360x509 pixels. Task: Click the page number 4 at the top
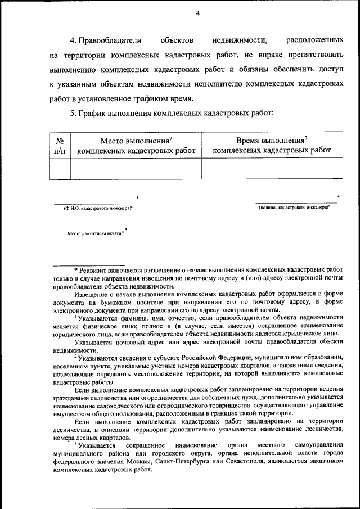click(198, 13)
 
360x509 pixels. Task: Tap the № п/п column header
click(60, 146)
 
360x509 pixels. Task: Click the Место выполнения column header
click(136, 146)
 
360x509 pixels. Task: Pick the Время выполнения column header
click(272, 146)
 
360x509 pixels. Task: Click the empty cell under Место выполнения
click(136, 168)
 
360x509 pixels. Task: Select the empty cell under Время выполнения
click(272, 168)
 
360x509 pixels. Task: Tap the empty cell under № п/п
click(60, 168)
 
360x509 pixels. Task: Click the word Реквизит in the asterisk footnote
click(100, 271)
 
